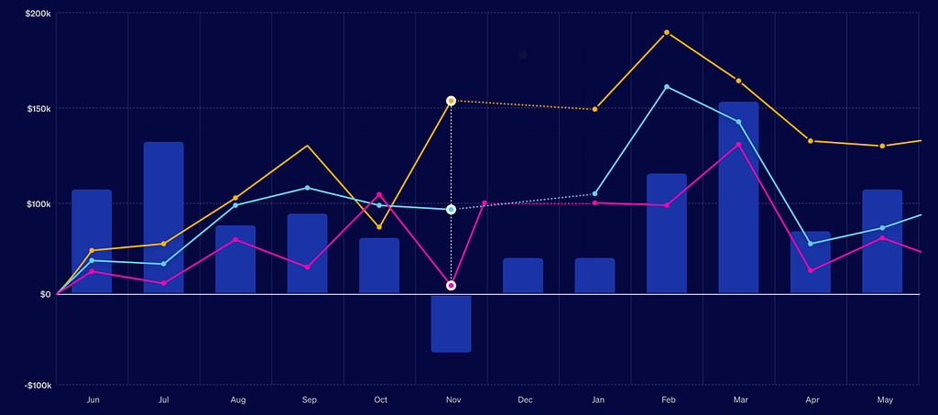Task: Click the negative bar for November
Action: tap(451, 323)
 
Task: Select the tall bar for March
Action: tap(739, 197)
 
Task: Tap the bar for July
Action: tap(163, 218)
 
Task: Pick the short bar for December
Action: tap(523, 276)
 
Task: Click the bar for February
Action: tap(667, 234)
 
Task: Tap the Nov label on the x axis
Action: tap(453, 400)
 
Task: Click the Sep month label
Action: tap(310, 400)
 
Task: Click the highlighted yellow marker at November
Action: tap(451, 101)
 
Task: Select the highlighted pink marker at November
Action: tap(451, 286)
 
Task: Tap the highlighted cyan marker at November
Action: tap(451, 209)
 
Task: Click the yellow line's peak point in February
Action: tap(667, 32)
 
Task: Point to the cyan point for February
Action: tap(667, 87)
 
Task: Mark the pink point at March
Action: tap(739, 145)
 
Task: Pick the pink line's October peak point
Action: tap(379, 194)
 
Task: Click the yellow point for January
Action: tap(594, 109)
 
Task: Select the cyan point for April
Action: tap(811, 244)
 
